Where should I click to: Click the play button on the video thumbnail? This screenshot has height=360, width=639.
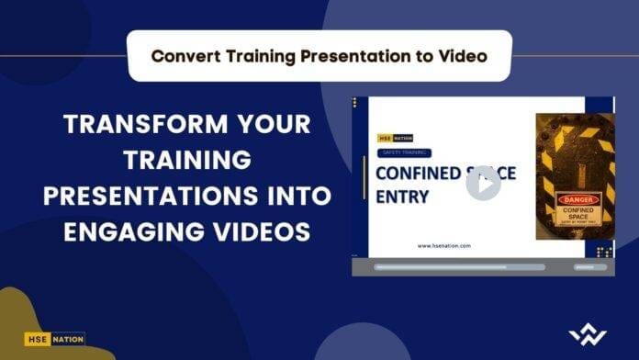coord(483,183)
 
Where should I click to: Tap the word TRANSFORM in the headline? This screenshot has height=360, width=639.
coord(124,124)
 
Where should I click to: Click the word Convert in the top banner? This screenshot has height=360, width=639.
coord(185,55)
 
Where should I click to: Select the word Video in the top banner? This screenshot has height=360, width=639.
coord(460,55)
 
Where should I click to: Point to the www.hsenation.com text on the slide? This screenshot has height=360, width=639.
coord(443,245)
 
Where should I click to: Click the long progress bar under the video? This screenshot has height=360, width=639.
coord(459,267)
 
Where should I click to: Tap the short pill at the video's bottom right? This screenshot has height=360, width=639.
coord(590,267)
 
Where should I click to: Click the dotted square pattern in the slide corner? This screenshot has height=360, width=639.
coord(604,251)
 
